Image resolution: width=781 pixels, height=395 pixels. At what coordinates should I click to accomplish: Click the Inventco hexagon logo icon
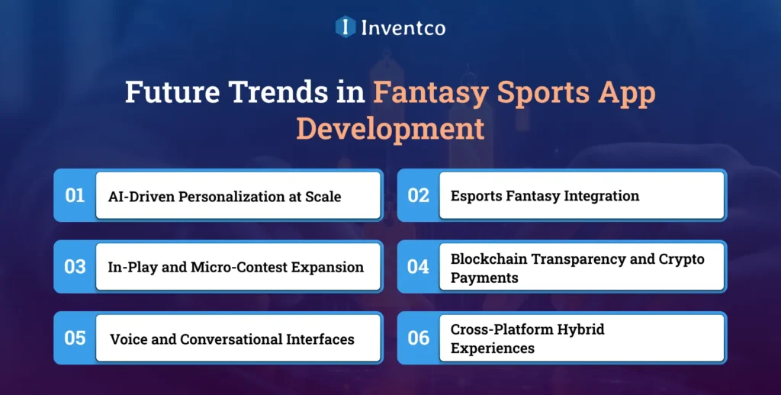(346, 27)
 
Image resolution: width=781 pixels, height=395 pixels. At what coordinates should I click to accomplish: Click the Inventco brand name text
(402, 27)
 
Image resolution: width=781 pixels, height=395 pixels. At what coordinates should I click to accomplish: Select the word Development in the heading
(390, 127)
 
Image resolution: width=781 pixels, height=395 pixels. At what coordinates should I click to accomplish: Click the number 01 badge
(75, 196)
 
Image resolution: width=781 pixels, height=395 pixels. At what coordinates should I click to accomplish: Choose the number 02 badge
(418, 196)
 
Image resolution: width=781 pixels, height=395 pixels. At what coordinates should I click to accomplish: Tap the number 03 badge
(75, 267)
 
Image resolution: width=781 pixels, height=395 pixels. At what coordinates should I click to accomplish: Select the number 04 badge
(418, 267)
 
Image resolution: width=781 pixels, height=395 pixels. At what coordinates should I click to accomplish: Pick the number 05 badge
(75, 338)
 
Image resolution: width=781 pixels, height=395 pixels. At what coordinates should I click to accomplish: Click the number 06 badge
(418, 338)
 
